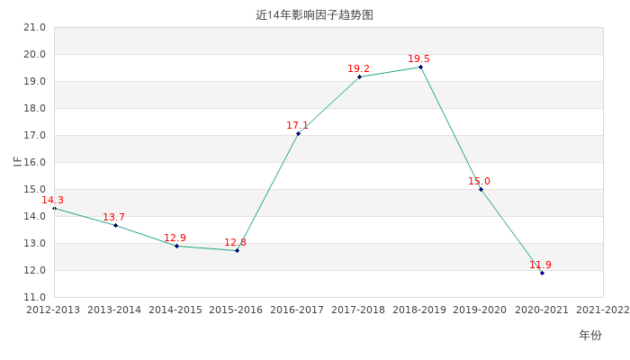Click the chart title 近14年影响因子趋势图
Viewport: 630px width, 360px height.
(x=314, y=15)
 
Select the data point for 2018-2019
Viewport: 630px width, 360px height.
(x=420, y=67)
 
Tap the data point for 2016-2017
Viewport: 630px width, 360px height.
(x=298, y=133)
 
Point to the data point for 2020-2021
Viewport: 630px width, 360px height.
(x=542, y=273)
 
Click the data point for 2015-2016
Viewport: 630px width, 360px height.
(x=237, y=250)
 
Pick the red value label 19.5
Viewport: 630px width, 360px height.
(x=418, y=59)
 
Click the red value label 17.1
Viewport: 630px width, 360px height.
(x=297, y=126)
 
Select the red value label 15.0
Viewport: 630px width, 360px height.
(x=479, y=182)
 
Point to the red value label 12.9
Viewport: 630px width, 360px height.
(x=175, y=238)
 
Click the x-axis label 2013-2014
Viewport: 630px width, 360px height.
(x=114, y=310)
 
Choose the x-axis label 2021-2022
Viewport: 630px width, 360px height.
(x=602, y=310)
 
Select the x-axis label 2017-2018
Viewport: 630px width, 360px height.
(x=358, y=310)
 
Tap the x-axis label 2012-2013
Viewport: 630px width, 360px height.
(x=53, y=310)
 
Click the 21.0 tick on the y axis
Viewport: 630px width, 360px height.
(x=35, y=28)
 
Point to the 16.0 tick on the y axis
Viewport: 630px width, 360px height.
(x=35, y=163)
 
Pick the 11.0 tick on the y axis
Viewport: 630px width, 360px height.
(x=35, y=298)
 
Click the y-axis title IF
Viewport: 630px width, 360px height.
(x=16, y=162)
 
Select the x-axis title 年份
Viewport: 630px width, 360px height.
(x=589, y=336)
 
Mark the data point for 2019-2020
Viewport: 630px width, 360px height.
(x=481, y=189)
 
